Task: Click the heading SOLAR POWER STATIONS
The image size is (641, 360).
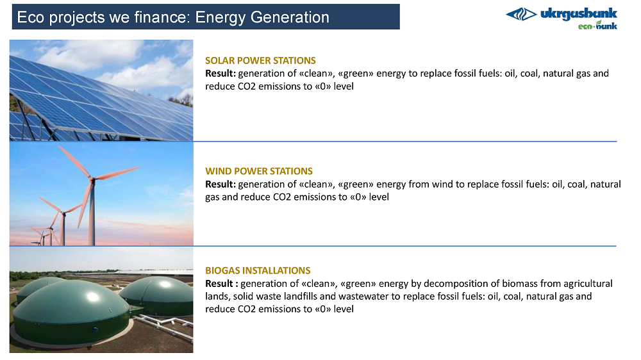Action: click(260, 60)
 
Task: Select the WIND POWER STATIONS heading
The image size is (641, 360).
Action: click(259, 171)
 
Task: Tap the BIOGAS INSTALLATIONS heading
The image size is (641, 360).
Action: click(258, 270)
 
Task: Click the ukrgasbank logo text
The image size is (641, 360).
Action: click(578, 14)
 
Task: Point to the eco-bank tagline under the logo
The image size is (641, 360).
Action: click(597, 26)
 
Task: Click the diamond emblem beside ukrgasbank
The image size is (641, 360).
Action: click(521, 15)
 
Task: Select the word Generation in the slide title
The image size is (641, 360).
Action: click(290, 17)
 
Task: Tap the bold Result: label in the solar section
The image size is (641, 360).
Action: click(221, 74)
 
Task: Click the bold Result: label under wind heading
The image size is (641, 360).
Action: click(221, 184)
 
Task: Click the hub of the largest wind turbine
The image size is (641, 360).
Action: click(92, 179)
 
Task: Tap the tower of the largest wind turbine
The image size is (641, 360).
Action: click(92, 213)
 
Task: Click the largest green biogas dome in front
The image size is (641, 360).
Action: click(72, 311)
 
